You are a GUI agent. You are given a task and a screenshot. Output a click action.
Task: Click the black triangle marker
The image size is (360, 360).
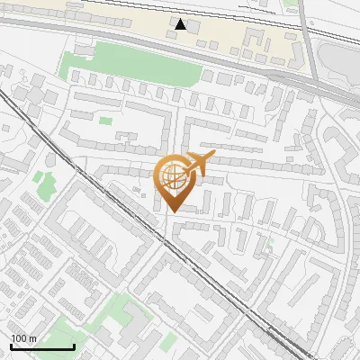181,24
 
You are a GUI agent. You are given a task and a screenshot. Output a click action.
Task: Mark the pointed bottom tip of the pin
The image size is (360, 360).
173,211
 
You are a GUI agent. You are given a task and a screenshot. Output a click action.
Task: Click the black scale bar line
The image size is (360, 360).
41,347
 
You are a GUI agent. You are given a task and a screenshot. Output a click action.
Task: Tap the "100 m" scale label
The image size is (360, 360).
23,338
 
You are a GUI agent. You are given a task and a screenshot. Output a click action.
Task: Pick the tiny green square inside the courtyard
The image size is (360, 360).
105,121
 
